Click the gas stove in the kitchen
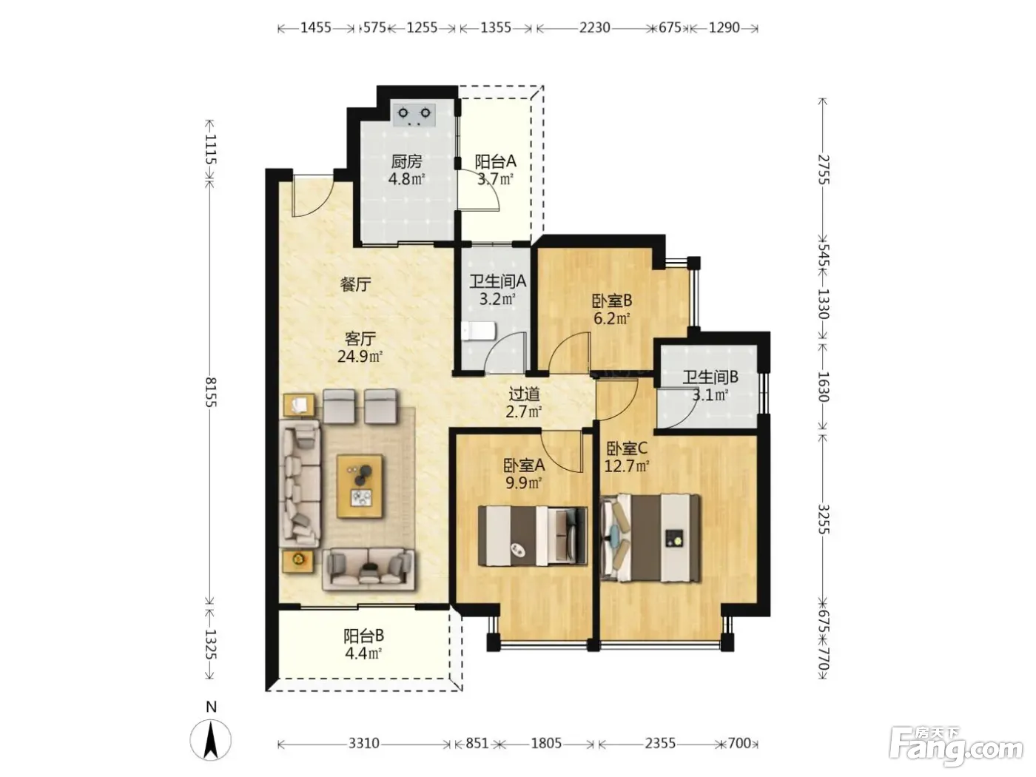[414, 115]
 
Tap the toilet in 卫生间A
[479, 332]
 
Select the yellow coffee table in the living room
[359, 486]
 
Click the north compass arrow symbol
[210, 740]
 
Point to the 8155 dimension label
[210, 392]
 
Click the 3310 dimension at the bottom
[364, 744]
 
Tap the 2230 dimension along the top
[595, 28]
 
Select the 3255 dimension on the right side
[824, 519]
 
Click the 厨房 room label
[406, 162]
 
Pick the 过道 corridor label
[524, 394]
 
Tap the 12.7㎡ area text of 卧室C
[627, 466]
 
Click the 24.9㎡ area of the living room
[360, 356]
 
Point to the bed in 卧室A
[533, 536]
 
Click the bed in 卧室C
[650, 538]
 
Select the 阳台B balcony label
[363, 636]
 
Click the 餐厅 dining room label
[355, 284]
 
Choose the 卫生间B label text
[710, 377]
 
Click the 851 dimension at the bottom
[477, 744]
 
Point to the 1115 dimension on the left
[210, 149]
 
